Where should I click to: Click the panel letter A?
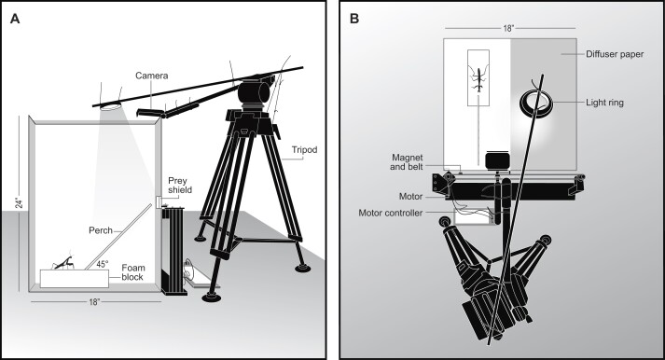click(x=15, y=19)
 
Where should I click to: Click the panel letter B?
click(x=354, y=19)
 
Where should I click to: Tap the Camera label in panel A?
click(x=152, y=76)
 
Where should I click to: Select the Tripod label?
click(x=304, y=149)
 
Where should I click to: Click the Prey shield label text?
click(x=180, y=185)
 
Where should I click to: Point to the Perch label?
click(x=101, y=230)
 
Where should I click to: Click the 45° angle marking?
click(x=103, y=264)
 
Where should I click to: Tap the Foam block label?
click(x=132, y=272)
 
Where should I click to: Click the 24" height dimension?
click(x=19, y=203)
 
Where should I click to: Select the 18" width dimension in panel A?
click(x=93, y=302)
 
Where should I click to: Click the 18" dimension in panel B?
click(x=508, y=28)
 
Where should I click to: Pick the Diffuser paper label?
click(x=615, y=54)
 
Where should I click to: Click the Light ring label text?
click(x=604, y=103)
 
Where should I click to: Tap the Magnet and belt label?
click(x=407, y=162)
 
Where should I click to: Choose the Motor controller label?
click(x=391, y=213)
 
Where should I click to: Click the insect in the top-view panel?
click(x=478, y=79)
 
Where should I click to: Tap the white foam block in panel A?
click(x=75, y=279)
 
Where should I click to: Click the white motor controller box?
click(x=473, y=215)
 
